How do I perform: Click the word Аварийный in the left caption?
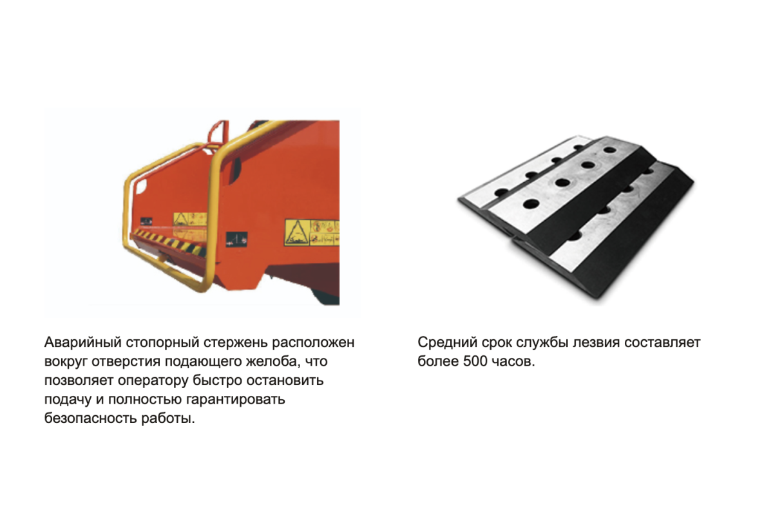(x=83, y=342)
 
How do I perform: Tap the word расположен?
(x=313, y=343)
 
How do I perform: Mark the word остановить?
(x=285, y=380)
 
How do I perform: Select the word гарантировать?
(x=235, y=400)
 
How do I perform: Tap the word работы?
(x=168, y=419)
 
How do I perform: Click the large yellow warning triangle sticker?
(x=297, y=233)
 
